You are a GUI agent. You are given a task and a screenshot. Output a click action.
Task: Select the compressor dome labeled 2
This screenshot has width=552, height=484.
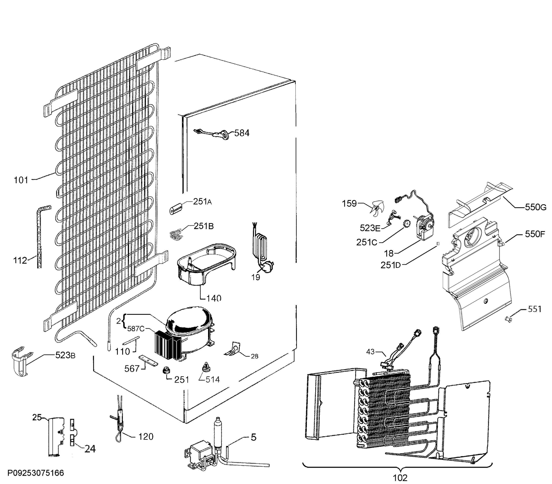click(189, 322)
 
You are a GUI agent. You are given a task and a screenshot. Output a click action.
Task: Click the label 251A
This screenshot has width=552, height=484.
click(202, 201)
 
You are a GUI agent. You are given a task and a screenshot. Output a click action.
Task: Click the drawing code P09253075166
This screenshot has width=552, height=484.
click(35, 473)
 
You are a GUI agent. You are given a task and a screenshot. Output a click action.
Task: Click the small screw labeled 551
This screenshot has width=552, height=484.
click(509, 320)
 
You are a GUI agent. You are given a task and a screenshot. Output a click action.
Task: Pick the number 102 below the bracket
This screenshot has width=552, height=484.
click(400, 478)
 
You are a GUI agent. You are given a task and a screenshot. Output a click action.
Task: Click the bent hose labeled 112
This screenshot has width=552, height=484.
click(40, 238)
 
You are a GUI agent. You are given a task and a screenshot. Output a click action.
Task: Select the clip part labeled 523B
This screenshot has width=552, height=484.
click(20, 362)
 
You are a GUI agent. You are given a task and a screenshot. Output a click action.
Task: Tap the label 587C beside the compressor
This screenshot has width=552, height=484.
click(136, 329)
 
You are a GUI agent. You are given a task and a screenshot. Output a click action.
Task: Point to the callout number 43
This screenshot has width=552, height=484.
click(370, 352)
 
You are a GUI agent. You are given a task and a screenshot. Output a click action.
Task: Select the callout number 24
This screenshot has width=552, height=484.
click(90, 449)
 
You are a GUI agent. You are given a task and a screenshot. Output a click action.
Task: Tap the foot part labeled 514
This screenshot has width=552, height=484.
click(206, 368)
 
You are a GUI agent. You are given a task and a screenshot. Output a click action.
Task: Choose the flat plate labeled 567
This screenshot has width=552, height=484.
click(148, 361)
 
